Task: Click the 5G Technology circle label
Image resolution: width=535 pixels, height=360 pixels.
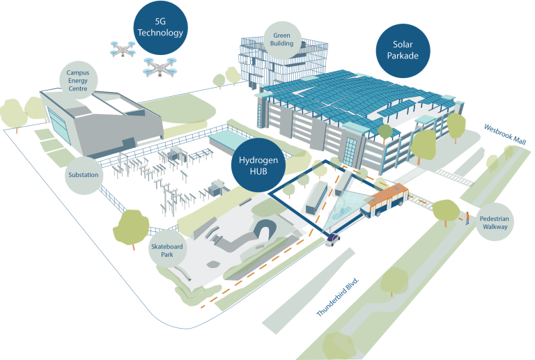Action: pos(160,28)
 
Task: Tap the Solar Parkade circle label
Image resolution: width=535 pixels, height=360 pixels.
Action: pos(403,50)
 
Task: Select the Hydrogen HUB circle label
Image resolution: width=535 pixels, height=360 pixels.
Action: pos(258,165)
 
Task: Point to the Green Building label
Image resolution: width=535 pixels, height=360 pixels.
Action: pos(282,40)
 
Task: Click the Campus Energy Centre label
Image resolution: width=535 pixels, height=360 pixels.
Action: pos(78,81)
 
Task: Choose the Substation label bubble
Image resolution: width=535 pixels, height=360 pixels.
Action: pos(84,175)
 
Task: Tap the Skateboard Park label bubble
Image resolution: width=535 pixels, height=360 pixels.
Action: pos(167,250)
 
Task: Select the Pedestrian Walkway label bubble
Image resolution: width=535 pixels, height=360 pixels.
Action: pos(495,222)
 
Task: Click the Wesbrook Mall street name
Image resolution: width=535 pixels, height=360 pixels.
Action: pos(505,134)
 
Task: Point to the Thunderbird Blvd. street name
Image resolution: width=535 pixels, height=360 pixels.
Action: pos(338,297)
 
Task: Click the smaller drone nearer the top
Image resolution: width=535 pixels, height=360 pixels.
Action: pos(123,49)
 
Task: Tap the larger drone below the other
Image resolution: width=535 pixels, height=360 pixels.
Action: pos(160,67)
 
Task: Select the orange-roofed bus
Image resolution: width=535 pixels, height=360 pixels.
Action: pos(385,201)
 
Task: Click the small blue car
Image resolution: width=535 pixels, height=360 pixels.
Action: pos(332,240)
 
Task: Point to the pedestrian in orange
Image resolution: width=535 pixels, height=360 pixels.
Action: pos(467,218)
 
